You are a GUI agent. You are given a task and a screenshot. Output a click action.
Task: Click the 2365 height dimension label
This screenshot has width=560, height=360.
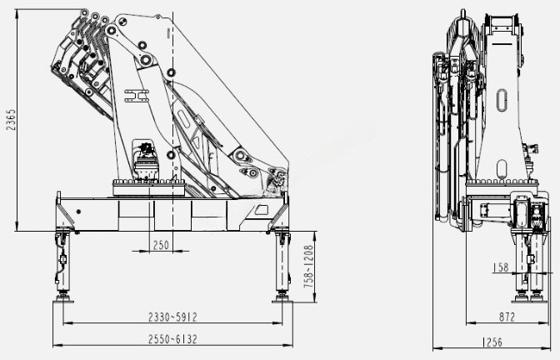(12, 119)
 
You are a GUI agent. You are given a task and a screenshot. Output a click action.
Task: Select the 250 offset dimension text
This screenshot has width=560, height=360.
(161, 245)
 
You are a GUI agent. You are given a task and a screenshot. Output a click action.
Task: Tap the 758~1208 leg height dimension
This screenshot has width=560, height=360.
(308, 267)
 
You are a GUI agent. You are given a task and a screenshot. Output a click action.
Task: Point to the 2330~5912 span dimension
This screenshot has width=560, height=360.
(172, 317)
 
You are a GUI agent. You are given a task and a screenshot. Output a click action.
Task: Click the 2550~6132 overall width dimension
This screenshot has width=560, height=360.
(172, 339)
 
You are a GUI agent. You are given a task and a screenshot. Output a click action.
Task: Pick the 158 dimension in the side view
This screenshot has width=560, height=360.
(500, 267)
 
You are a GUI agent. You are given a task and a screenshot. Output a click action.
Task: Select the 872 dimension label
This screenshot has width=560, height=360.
(507, 317)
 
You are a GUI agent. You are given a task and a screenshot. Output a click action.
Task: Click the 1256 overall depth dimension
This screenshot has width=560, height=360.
(492, 342)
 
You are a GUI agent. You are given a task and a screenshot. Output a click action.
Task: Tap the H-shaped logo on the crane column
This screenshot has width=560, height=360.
(137, 96)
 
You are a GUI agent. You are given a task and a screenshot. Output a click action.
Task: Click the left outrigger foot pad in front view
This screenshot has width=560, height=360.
(63, 301)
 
